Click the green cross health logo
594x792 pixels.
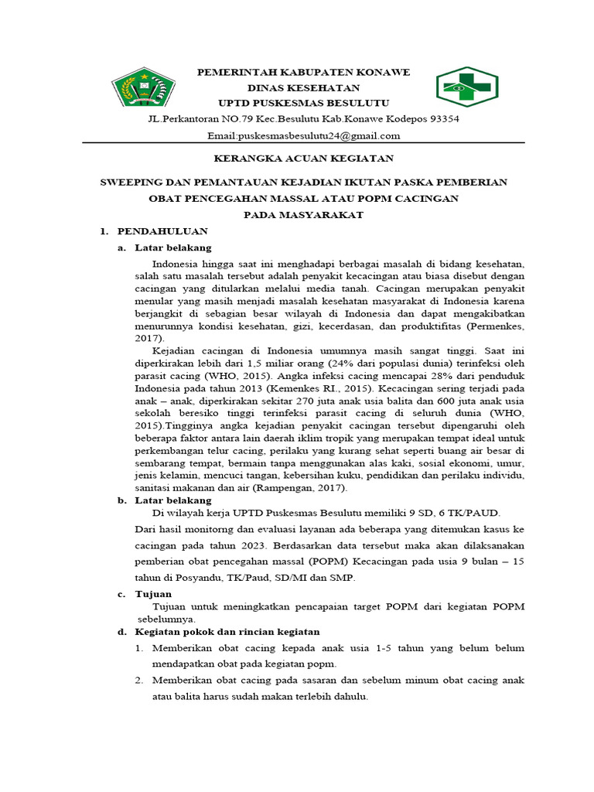[x=468, y=87]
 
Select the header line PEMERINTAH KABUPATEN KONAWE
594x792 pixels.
[x=303, y=72]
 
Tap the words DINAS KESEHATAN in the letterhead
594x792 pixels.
[x=303, y=88]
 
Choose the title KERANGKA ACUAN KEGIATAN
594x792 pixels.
[x=303, y=159]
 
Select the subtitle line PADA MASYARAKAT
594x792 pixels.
[x=303, y=215]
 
